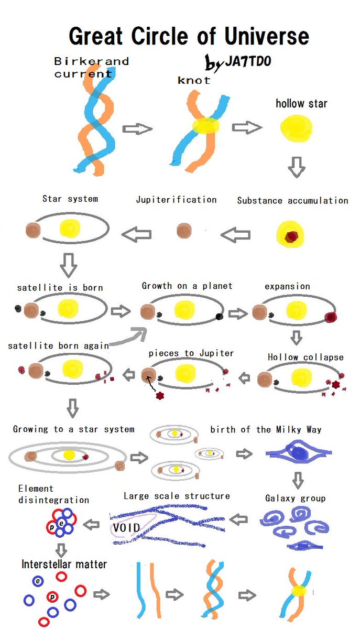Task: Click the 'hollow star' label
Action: (301, 103)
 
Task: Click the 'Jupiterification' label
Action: (176, 200)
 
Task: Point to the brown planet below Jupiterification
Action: (184, 231)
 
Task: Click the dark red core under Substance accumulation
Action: (291, 237)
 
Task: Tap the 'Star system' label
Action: (70, 199)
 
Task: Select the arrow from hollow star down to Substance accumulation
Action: (297, 167)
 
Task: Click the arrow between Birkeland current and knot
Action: (137, 129)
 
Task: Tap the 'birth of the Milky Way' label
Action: (266, 430)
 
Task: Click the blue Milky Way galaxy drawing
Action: (298, 454)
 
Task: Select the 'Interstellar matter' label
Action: (64, 565)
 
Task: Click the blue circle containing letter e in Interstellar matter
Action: (38, 581)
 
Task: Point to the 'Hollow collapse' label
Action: (306, 357)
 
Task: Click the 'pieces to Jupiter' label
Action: (191, 353)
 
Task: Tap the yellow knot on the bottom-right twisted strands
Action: (299, 591)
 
